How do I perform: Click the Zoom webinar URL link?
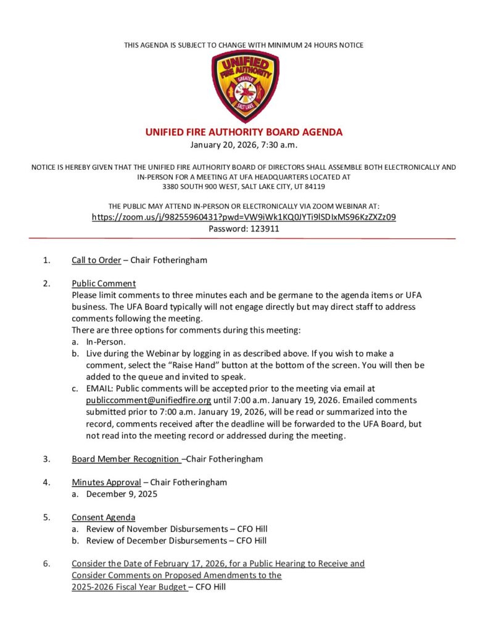243,217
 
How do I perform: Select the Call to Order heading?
96,260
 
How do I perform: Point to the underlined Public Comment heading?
104,284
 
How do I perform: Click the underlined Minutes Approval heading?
106,483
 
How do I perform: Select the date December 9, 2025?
122,494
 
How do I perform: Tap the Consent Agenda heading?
103,517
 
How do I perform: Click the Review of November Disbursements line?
176,529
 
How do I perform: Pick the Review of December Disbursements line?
176,541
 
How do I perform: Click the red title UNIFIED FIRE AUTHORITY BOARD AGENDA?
243,132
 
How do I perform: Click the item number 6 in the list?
46,563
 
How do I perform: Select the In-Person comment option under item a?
106,342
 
